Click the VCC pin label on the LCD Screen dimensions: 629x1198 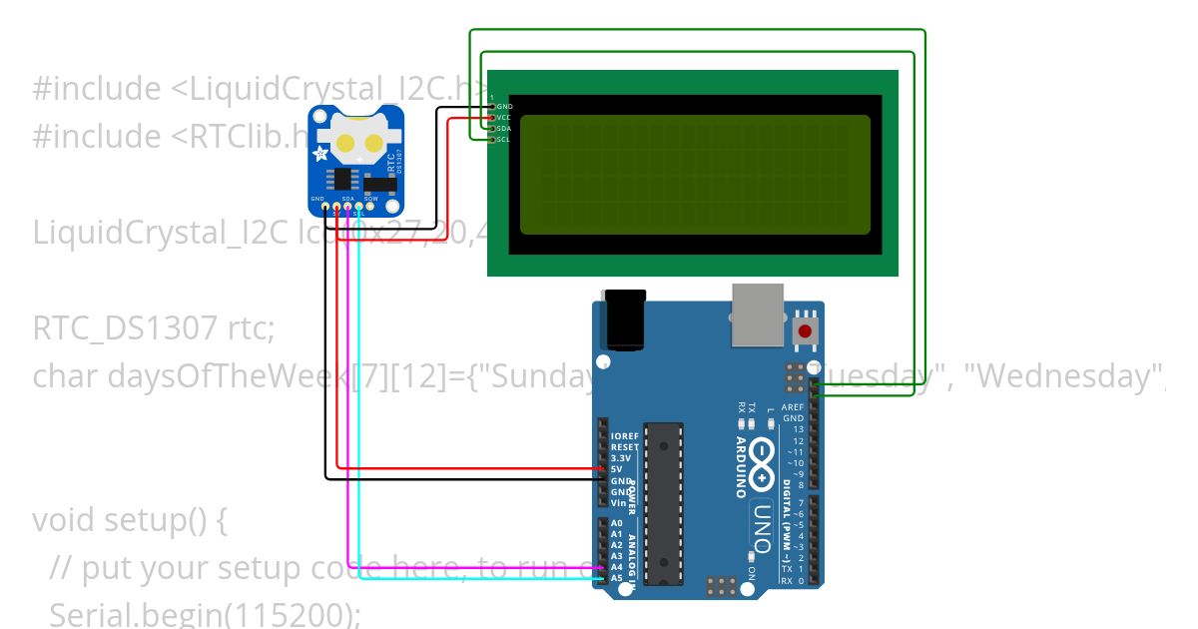(504, 118)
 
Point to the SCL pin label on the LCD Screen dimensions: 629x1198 (504, 140)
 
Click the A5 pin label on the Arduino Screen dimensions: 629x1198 (616, 578)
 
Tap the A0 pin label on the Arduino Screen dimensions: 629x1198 (616, 523)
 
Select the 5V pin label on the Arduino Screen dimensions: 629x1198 (616, 469)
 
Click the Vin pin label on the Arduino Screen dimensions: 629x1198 (618, 502)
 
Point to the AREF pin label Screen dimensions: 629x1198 (793, 407)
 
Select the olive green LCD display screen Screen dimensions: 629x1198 (695, 175)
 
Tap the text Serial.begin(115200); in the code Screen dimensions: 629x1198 (205, 614)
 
